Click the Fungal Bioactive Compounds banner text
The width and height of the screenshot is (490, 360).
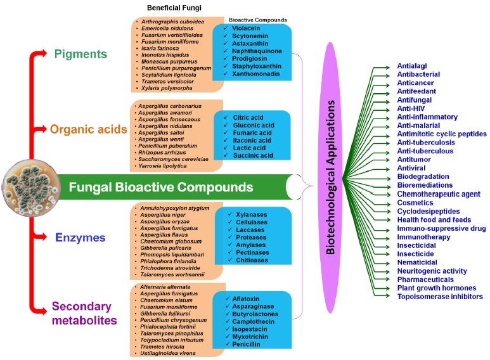pyautogui.click(x=160, y=188)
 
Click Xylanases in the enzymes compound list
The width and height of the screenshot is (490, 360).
pyautogui.click(x=251, y=215)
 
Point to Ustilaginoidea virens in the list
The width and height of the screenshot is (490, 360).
pyautogui.click(x=171, y=353)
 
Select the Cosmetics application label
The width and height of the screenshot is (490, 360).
pyautogui.click(x=415, y=202)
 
